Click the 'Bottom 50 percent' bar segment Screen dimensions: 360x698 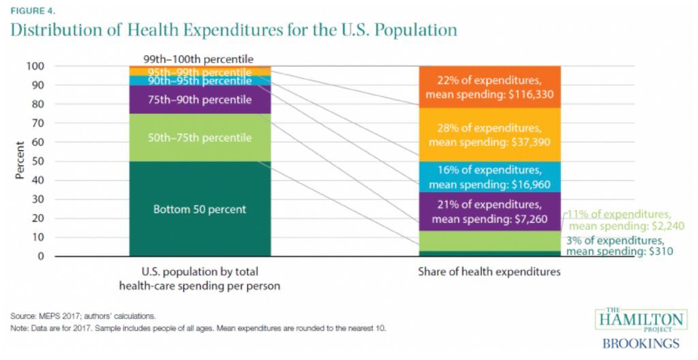pos(200,209)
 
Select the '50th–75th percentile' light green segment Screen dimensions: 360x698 pos(200,138)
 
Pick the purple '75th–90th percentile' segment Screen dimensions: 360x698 pos(200,100)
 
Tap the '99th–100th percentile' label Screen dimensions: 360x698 pos(198,59)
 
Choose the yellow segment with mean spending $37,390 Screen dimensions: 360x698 pos(489,135)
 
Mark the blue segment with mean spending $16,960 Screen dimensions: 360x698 pos(489,177)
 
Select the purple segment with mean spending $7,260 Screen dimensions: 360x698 pos(489,211)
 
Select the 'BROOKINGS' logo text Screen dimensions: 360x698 pos(641,343)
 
